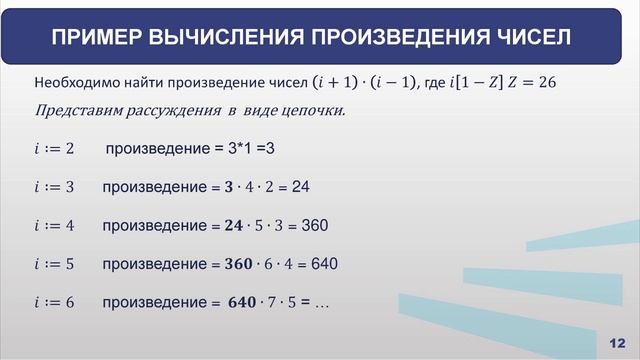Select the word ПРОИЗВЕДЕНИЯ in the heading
click(x=383, y=38)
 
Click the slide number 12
click(x=616, y=343)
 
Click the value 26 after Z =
click(x=545, y=82)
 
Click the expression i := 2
click(x=54, y=150)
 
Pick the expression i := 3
click(x=54, y=188)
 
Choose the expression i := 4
click(x=54, y=226)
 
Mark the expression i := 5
click(x=54, y=265)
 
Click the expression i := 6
click(x=54, y=303)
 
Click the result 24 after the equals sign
click(x=301, y=188)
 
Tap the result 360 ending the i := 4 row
click(x=314, y=226)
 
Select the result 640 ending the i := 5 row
click(x=325, y=265)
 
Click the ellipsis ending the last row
click(x=322, y=303)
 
